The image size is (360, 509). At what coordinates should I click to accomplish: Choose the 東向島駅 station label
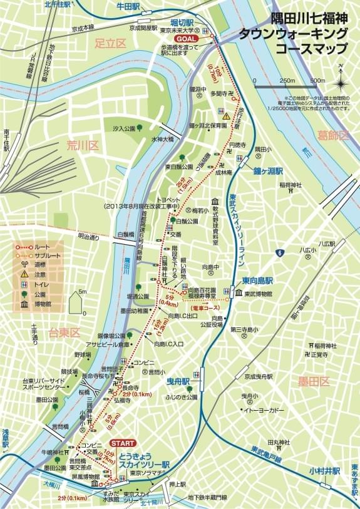(256, 281)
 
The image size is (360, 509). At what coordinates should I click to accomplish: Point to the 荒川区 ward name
(83, 146)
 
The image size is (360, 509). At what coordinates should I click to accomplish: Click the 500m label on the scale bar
(317, 81)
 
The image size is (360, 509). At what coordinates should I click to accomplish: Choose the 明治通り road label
(88, 237)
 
